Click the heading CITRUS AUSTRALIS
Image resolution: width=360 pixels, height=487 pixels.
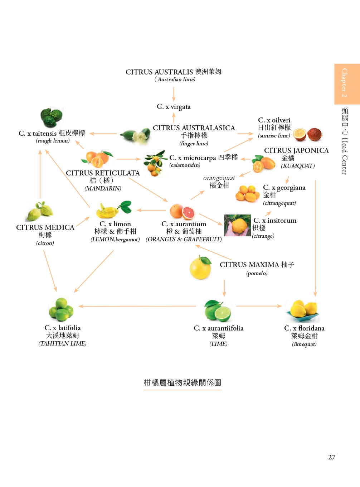[159, 72]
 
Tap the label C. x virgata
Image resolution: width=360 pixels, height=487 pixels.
[174, 107]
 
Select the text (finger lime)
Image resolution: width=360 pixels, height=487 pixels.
[194, 144]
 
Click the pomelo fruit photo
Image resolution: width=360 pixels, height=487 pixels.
[200, 267]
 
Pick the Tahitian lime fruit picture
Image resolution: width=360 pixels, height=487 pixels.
[61, 309]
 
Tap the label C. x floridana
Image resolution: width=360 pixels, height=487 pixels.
[304, 328]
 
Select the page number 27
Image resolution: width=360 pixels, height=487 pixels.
[332, 457]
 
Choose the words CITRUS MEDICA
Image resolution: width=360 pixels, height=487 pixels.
[45, 227]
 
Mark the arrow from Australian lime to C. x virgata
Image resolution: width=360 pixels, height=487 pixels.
[174, 94]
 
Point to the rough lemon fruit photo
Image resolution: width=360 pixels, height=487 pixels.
[52, 117]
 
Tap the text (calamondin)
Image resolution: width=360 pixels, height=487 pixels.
[185, 165]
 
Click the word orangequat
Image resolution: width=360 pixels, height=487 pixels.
[219, 178]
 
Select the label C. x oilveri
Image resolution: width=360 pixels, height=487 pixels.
[274, 120]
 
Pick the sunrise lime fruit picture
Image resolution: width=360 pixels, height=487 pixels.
[307, 135]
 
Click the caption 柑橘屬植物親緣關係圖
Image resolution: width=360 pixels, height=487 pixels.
[183, 382]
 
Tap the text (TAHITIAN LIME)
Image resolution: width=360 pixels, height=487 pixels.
[62, 343]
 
